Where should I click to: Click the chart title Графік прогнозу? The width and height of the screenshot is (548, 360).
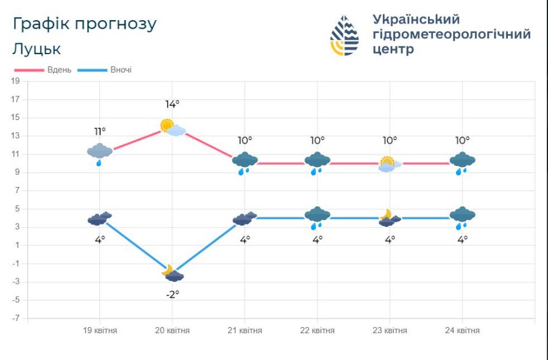click(x=85, y=24)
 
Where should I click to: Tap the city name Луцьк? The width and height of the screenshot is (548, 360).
click(x=37, y=49)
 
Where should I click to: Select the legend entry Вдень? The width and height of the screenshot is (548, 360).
click(x=59, y=69)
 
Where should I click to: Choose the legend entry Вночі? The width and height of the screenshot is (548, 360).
click(x=121, y=69)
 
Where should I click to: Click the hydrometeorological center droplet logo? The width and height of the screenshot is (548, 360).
click(x=344, y=35)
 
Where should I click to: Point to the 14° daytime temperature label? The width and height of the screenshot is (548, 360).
click(x=172, y=104)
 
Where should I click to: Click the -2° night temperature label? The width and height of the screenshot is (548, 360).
click(x=172, y=294)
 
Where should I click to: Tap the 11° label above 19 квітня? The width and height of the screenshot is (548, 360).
click(x=100, y=131)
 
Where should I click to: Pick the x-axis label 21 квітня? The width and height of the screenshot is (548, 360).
click(x=245, y=331)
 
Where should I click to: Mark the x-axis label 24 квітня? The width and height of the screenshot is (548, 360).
click(x=462, y=331)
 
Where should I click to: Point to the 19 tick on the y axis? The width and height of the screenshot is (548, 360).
click(x=16, y=81)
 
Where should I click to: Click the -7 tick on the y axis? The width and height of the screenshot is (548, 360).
click(x=16, y=318)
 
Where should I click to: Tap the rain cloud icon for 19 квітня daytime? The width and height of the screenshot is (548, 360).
click(x=99, y=153)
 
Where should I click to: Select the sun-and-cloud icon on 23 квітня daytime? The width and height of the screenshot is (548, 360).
click(x=389, y=164)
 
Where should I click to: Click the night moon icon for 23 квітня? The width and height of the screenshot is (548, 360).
click(x=387, y=215)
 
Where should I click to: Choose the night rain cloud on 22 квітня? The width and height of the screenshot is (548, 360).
click(x=317, y=217)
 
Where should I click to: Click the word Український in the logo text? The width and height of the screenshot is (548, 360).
click(x=416, y=19)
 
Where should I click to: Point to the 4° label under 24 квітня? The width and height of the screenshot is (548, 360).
click(x=463, y=239)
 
